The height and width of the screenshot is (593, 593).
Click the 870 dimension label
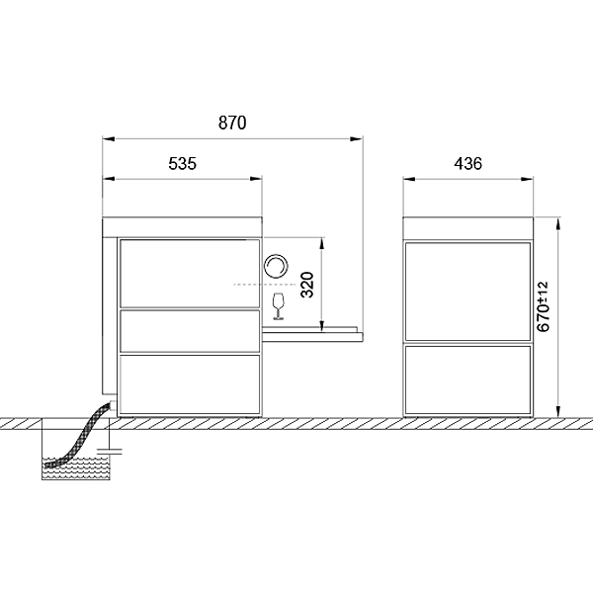[232, 123]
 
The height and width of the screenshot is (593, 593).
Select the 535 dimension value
[182, 164]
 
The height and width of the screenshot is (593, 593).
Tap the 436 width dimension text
[468, 164]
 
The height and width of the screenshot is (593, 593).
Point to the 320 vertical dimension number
[307, 285]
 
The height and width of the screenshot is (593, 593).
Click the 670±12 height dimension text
[543, 306]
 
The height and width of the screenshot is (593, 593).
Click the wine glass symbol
[279, 306]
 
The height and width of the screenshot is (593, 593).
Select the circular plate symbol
[276, 266]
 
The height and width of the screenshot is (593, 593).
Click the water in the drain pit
[76, 468]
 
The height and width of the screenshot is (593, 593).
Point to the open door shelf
[312, 334]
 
